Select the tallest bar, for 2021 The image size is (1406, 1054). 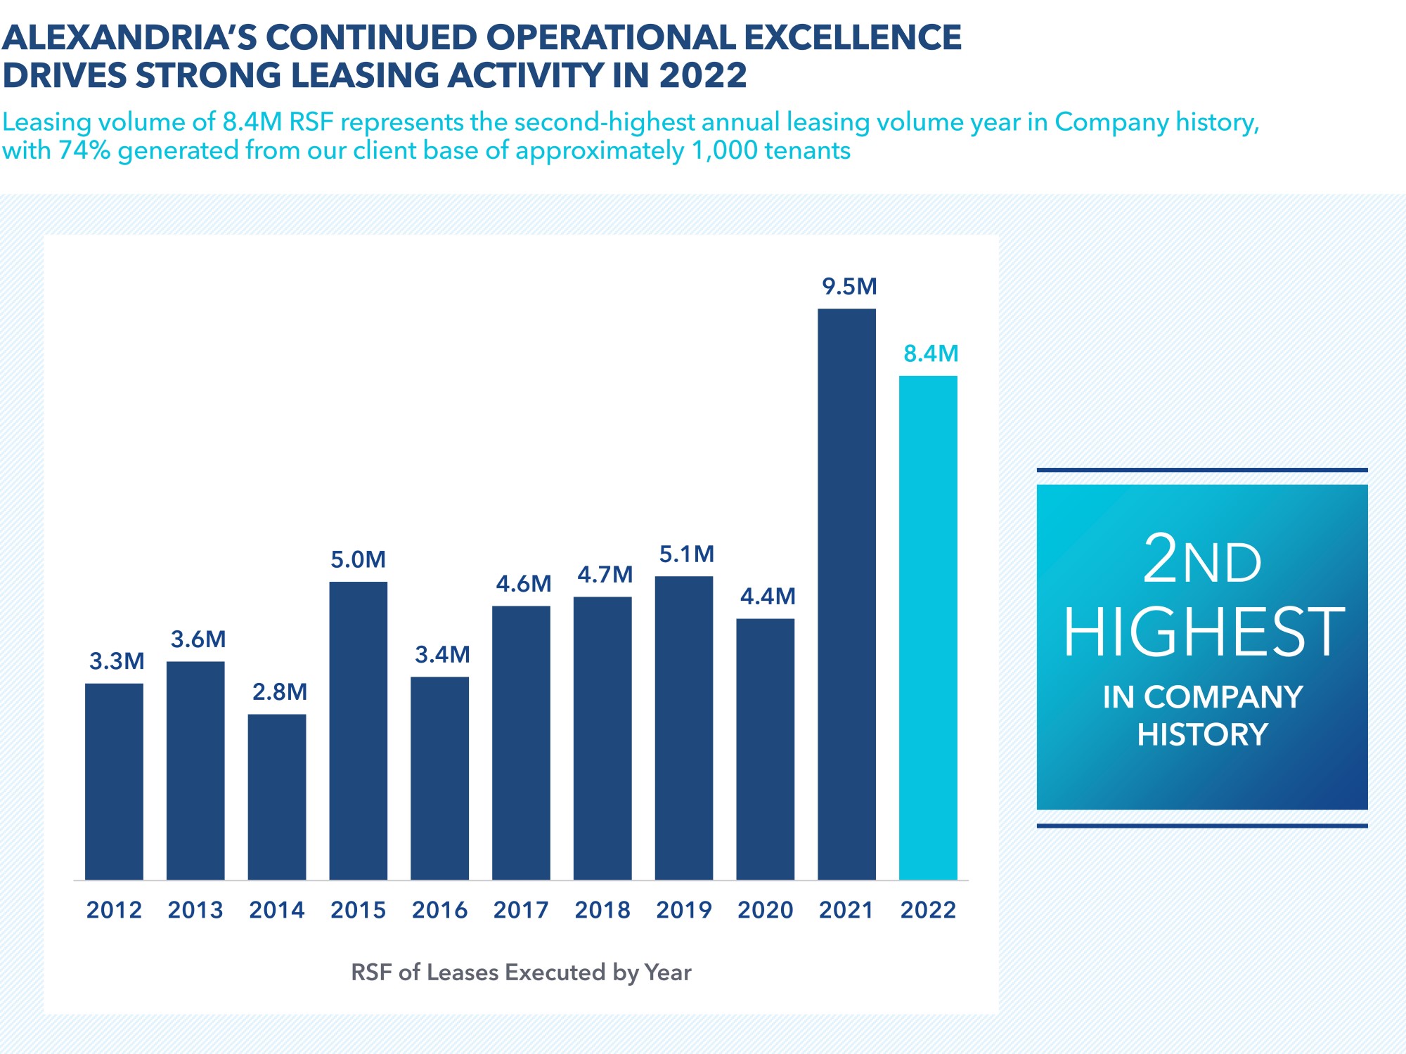(x=846, y=594)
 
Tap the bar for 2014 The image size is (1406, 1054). (x=277, y=797)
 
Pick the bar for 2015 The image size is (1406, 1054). (x=359, y=731)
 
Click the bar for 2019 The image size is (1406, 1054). (x=684, y=728)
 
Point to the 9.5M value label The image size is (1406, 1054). (x=849, y=287)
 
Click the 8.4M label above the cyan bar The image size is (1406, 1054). (x=931, y=353)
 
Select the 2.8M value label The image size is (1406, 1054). (x=280, y=692)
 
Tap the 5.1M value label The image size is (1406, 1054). (x=686, y=554)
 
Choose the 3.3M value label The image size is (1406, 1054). (x=117, y=661)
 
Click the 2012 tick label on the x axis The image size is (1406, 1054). (x=114, y=910)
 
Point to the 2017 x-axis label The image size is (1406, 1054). (x=521, y=910)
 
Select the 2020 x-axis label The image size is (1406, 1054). (x=765, y=910)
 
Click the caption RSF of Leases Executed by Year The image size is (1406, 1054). (x=521, y=972)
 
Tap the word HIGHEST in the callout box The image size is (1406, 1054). (x=1203, y=632)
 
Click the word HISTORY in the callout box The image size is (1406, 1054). (x=1203, y=735)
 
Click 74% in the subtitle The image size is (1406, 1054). (x=84, y=150)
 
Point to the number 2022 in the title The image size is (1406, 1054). (x=702, y=76)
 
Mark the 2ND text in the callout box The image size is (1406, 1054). (x=1202, y=561)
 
